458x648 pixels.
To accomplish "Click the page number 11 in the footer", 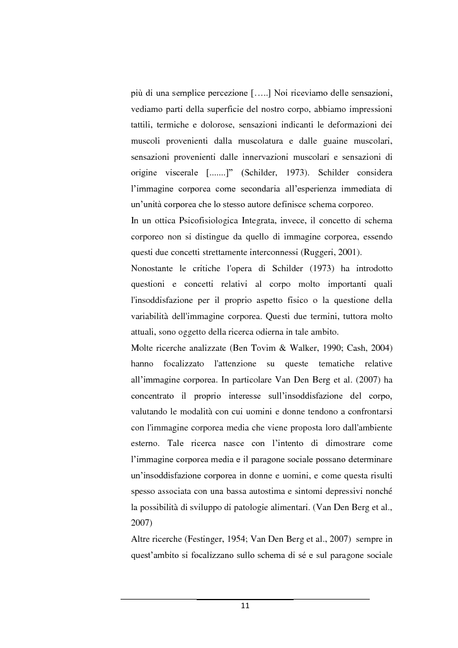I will [x=245, y=606].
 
